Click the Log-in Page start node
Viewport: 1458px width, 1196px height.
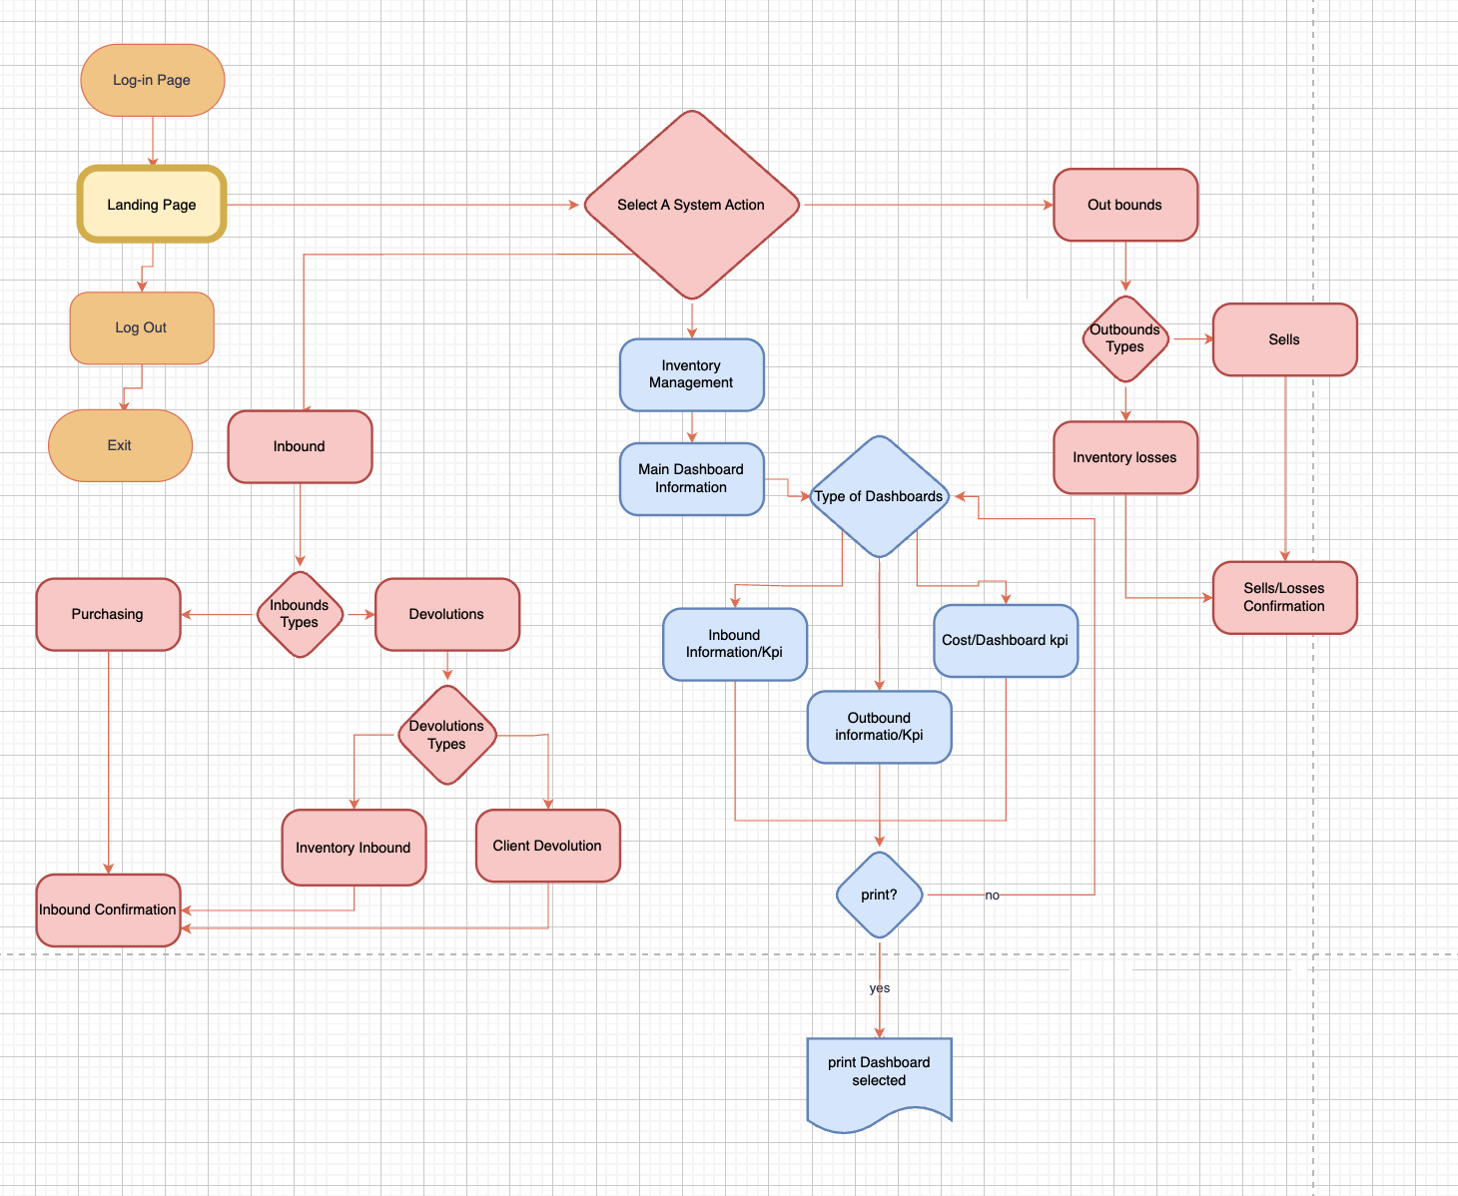152,80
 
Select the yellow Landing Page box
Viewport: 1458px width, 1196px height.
152,205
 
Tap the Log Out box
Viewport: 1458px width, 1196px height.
141,327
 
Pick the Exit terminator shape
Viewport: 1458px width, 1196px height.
120,445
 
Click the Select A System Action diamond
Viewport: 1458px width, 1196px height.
691,205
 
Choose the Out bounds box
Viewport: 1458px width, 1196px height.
1124,205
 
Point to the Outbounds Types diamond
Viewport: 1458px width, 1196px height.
1125,338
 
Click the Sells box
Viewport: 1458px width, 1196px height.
1284,339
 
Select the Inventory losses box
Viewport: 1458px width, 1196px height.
1124,457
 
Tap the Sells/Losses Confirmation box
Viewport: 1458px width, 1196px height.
1284,597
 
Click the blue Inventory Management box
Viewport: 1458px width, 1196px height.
691,374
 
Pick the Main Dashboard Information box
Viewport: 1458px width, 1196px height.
691,478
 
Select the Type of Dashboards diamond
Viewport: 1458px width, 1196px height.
879,496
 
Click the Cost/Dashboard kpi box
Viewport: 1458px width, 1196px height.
1006,640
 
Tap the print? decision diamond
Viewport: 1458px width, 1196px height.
879,895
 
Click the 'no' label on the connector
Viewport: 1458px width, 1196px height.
992,896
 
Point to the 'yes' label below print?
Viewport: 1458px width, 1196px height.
879,988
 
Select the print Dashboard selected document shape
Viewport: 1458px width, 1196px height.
879,1078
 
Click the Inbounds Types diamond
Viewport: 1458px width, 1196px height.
300,614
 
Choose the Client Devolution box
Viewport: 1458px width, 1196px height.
547,846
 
